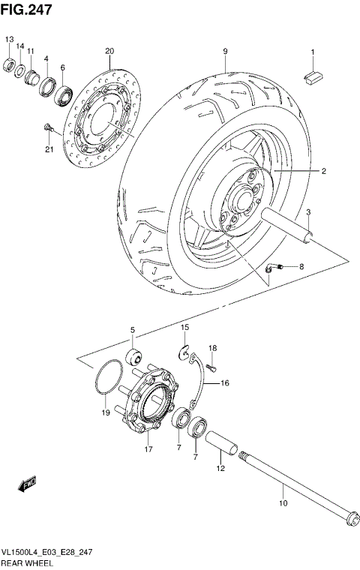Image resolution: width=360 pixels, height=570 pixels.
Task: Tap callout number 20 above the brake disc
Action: point(109,51)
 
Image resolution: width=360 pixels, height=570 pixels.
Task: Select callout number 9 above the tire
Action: point(224,51)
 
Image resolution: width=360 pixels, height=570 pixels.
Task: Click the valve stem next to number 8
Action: point(276,266)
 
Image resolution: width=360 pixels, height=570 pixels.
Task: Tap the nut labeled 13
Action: point(10,63)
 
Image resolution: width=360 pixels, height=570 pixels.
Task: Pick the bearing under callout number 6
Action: point(63,94)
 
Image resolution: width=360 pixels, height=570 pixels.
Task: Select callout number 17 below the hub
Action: point(148,450)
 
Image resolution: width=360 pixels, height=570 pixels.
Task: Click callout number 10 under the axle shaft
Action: point(282,503)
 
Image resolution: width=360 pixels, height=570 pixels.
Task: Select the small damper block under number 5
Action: point(133,355)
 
